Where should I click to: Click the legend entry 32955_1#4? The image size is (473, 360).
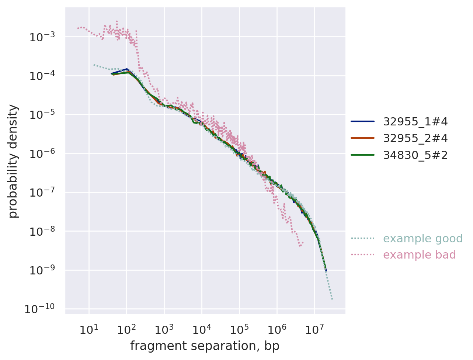coord(415,121)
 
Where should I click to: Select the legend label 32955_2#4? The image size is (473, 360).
coord(415,138)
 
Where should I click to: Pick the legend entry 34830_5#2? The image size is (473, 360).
coord(415,155)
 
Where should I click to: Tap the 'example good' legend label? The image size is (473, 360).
coord(423,239)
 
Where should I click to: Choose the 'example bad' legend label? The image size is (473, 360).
coord(420,255)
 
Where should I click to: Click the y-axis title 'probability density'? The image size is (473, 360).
coord(13,161)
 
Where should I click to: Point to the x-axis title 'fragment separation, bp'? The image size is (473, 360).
coord(205,346)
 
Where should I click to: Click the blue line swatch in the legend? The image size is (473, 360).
coord(362,121)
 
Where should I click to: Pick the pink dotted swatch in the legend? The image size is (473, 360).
coord(362,255)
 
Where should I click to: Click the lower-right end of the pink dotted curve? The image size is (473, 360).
coord(303,243)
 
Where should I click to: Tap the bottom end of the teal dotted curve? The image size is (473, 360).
coord(332,299)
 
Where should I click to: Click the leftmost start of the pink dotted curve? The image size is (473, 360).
coord(77,28)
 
